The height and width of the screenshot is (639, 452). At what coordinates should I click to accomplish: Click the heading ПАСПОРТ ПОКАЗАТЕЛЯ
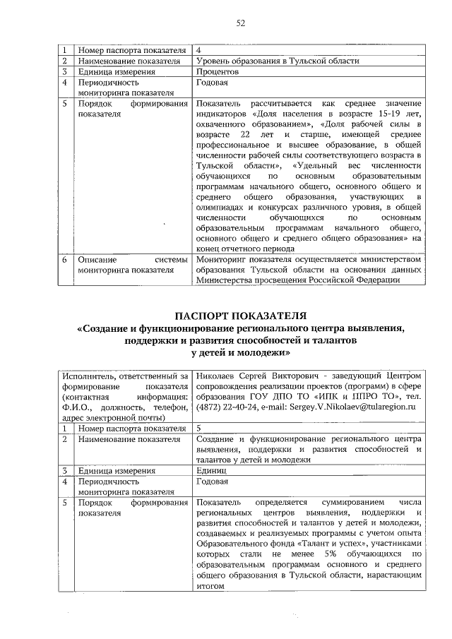coord(239,314)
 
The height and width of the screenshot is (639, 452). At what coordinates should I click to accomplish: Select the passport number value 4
coord(198,50)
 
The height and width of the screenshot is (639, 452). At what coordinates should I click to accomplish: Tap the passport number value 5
coord(198,428)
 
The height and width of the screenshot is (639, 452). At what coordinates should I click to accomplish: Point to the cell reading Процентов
coord(217,71)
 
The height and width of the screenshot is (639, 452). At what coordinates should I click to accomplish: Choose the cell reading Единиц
coord(211,470)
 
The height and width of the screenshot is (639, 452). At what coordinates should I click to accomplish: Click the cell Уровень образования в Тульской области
coord(277,61)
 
